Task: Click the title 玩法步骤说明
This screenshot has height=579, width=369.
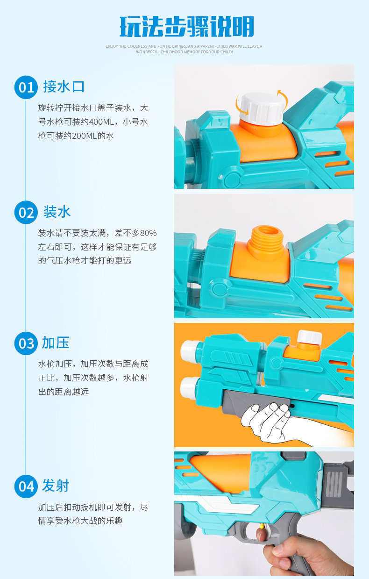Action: pos(186,26)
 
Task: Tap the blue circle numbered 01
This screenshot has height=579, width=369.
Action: pos(26,87)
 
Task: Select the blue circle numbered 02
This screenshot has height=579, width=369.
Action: pos(26,213)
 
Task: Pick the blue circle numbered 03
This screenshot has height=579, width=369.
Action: pos(26,343)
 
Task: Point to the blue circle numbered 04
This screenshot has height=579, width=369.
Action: pos(26,486)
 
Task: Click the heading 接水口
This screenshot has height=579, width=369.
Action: pos(64,86)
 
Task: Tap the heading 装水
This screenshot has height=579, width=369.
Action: pos(57,212)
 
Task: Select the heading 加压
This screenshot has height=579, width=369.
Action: pos(56,343)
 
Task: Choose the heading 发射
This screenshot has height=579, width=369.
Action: pos(56,486)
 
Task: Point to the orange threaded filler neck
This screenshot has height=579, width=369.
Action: pos(265,242)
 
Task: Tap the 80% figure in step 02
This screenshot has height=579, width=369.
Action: pos(148,233)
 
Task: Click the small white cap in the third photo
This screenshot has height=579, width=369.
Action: pos(309,337)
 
